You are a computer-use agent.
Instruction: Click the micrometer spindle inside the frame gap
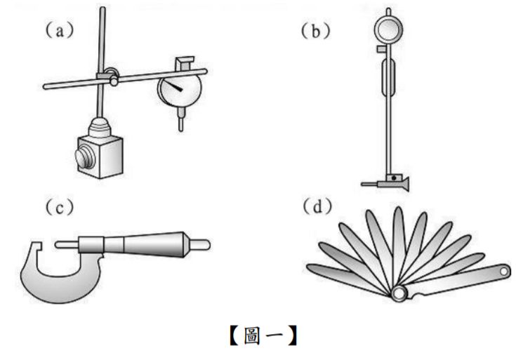pyautogui.click(x=67, y=245)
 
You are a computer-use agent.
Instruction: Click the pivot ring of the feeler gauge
pyautogui.click(x=399, y=293)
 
